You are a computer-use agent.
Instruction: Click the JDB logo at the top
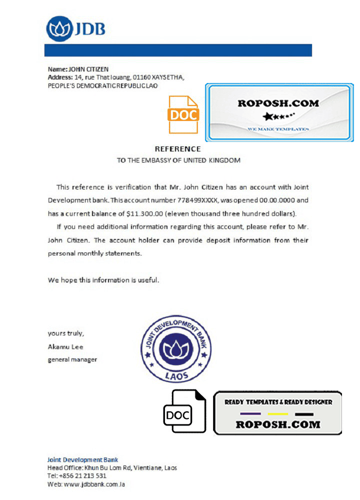[76, 28]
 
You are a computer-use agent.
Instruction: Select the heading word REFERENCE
[177, 149]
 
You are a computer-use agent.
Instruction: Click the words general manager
[72, 359]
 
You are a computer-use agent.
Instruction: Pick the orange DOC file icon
[183, 114]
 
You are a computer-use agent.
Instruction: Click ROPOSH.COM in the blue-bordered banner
[278, 103]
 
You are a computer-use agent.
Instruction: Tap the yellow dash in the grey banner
[277, 414]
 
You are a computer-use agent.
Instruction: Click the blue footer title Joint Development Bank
[82, 460]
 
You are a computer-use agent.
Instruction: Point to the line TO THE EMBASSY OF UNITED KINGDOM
[178, 160]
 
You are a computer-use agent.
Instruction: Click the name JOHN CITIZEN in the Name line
[88, 69]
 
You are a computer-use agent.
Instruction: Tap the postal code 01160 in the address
[141, 77]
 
